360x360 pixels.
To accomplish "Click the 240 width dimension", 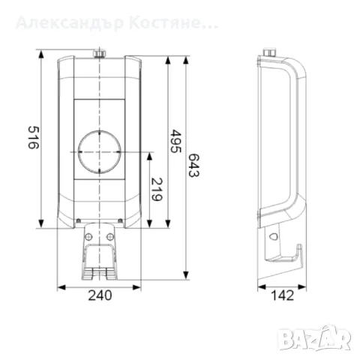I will click(100, 295).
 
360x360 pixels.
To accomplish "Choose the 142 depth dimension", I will click(282, 295).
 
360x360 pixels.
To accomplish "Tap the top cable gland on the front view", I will click(99, 53).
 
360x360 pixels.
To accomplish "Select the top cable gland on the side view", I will click(268, 53).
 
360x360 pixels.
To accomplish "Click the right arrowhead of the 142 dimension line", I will click(305, 286).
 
